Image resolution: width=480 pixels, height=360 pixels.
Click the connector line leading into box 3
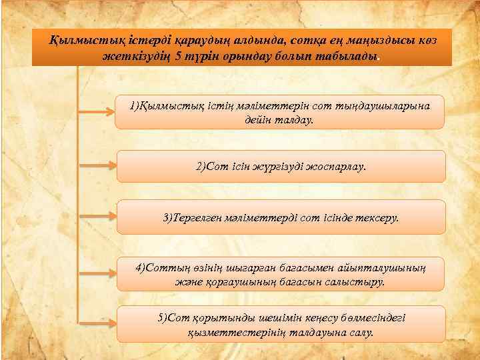[x=98, y=217]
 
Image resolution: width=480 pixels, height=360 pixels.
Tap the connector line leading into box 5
[x=98, y=323]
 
